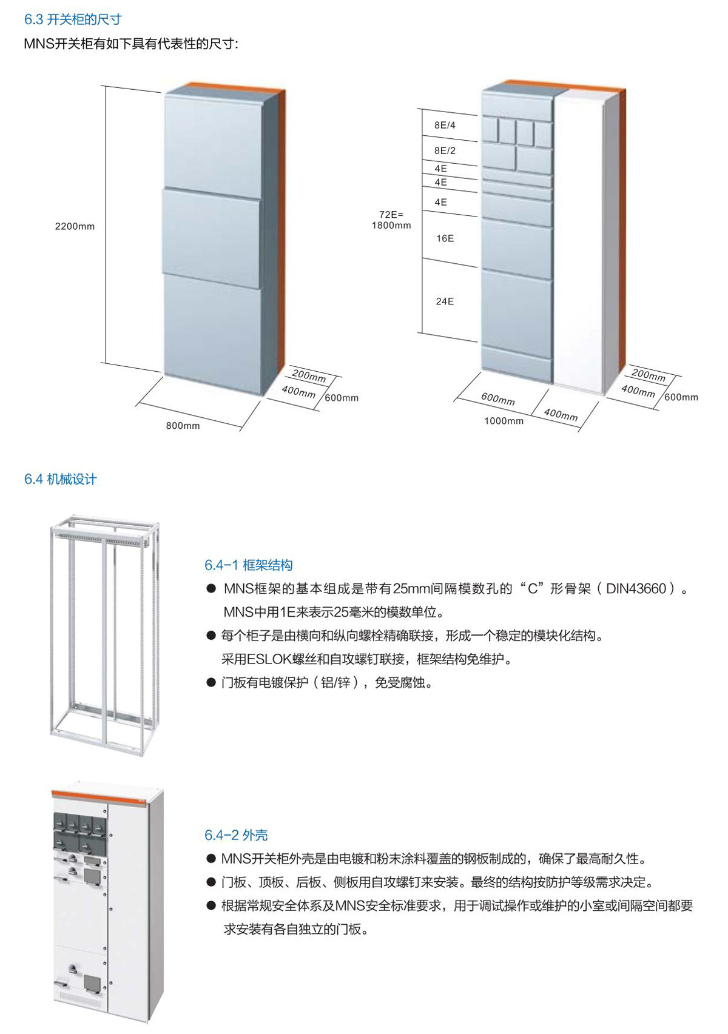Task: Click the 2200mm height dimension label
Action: coord(75,226)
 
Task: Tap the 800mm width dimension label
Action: coord(183,426)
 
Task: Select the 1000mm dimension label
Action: coord(504,420)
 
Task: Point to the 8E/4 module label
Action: coord(445,125)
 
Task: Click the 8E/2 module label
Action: coord(445,150)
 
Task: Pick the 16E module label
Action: coord(445,238)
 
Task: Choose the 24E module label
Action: coord(445,301)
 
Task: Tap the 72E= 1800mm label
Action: coord(391,220)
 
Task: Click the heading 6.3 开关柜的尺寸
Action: coord(73,19)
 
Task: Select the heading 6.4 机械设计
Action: coord(61,479)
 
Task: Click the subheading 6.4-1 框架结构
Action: coord(248,565)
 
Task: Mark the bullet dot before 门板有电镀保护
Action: coord(211,682)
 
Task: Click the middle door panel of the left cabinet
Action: coord(211,238)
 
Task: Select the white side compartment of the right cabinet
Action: coord(579,240)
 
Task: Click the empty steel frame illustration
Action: coord(105,635)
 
